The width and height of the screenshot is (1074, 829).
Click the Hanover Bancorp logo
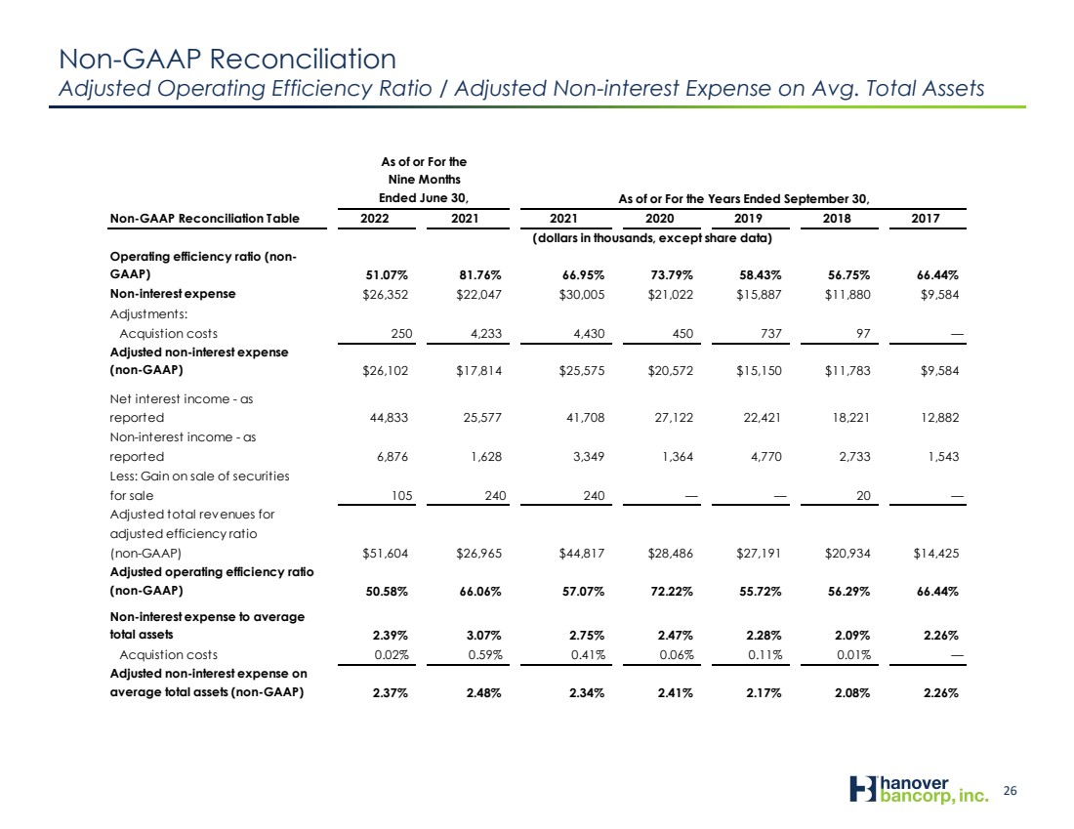point(919,789)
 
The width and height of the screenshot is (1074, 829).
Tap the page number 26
point(1011,791)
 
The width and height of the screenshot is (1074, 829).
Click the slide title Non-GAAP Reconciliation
point(227,59)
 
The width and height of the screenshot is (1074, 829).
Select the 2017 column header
point(926,219)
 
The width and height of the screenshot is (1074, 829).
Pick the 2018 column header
point(837,219)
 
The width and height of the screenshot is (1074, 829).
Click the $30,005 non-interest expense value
point(582,295)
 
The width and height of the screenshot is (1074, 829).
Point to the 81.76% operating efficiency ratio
point(480,275)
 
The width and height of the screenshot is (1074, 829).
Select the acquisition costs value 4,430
point(589,334)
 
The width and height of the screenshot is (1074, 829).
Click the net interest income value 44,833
point(389,417)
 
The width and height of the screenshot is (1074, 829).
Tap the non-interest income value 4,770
point(765,456)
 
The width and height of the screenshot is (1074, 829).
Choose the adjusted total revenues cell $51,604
point(385,553)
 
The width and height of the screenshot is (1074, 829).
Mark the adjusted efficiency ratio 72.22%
point(672,592)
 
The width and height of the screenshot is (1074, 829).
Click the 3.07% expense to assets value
point(484,635)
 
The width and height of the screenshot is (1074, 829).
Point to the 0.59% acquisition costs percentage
point(485,655)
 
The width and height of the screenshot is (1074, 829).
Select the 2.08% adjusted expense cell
point(852,692)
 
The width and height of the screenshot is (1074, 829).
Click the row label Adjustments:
point(148,314)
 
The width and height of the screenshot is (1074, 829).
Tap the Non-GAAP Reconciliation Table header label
point(205,219)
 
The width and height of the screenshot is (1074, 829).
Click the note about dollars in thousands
point(652,238)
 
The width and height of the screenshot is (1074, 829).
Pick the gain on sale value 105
point(402,495)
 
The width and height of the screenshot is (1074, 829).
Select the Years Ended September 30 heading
point(744,198)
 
